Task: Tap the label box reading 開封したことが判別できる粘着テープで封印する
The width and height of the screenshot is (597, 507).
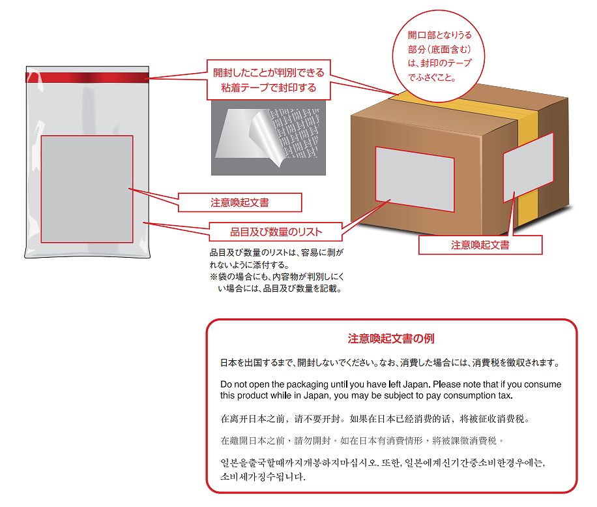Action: click(x=268, y=79)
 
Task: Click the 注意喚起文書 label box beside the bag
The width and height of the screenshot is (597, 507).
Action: click(x=240, y=203)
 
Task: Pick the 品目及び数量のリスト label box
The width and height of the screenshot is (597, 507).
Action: click(x=276, y=231)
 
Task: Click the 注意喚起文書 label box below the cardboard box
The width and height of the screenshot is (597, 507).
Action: click(x=480, y=245)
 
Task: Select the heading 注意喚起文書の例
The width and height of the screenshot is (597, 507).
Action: click(x=391, y=339)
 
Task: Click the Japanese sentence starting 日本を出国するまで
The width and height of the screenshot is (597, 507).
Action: click(x=390, y=362)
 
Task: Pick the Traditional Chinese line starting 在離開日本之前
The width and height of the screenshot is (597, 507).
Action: click(x=362, y=440)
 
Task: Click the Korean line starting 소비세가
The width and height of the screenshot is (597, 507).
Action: click(x=263, y=476)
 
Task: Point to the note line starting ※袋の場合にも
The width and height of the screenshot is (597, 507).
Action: click(x=278, y=277)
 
